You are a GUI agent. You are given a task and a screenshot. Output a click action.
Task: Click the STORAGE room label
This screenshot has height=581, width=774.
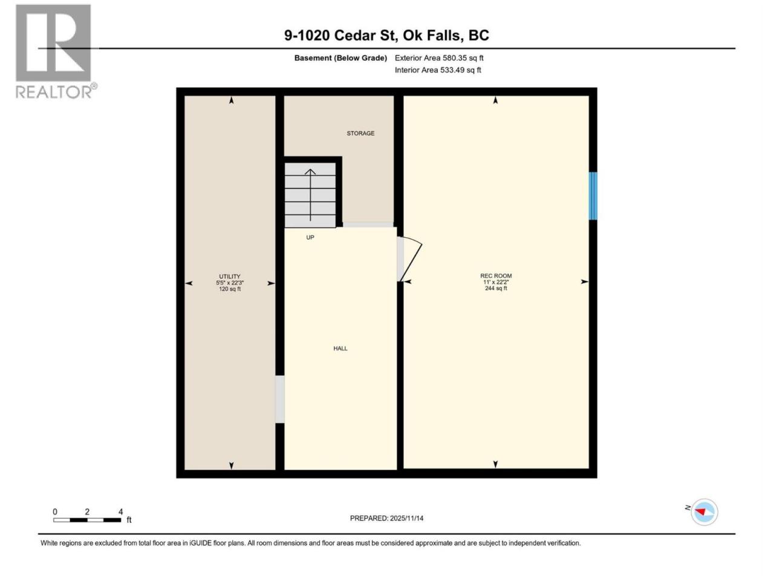coord(360,133)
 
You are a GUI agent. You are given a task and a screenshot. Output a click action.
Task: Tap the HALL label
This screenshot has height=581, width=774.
coord(340,349)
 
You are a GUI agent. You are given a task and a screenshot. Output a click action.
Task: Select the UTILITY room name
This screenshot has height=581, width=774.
coord(230,277)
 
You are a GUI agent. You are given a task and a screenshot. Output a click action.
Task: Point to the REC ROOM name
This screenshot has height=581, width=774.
coord(496,276)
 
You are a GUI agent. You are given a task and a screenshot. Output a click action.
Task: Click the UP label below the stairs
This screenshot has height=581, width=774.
coord(310,237)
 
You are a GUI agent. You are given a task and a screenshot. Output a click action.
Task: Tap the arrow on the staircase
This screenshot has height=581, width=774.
coord(310,195)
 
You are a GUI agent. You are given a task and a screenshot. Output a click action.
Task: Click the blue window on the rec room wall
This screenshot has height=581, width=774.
coord(593,195)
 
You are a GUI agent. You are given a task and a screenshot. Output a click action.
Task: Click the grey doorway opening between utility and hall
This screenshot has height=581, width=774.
coord(279,399)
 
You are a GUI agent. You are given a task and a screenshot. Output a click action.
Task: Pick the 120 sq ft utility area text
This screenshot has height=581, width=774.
coord(230,289)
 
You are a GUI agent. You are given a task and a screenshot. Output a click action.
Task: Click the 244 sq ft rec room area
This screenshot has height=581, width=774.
coord(496,288)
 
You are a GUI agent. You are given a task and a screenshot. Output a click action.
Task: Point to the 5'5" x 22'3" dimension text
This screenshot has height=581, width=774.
coord(230,283)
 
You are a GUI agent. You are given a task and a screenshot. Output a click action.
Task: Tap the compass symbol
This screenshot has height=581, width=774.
coord(704,512)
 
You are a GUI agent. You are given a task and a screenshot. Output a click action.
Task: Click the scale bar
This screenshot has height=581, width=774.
coord(87,520)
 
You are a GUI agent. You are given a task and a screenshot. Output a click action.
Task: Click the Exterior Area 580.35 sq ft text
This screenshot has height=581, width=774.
coord(439,58)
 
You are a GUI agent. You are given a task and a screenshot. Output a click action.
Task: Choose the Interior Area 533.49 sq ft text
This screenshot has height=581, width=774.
coord(438,70)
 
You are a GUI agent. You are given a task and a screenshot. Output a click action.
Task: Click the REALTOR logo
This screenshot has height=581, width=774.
coord(56,51)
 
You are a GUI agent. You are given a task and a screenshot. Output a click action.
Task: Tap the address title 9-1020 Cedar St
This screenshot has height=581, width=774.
coord(340,35)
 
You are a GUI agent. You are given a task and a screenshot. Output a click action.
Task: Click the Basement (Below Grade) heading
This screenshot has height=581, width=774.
coord(340,58)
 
